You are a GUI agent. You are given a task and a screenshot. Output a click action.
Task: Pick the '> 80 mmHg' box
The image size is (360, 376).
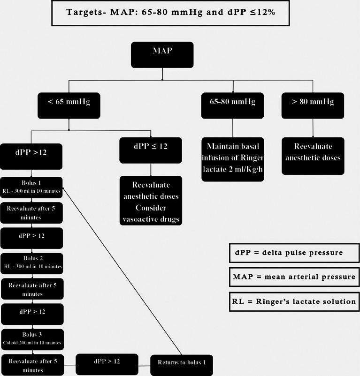(x=313, y=105)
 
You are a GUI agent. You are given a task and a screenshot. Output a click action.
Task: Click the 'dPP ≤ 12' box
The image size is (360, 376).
(x=150, y=149)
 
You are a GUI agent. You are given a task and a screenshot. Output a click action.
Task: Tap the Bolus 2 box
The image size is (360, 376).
(x=32, y=262)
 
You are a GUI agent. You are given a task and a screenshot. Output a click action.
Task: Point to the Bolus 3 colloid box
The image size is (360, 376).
(x=32, y=339)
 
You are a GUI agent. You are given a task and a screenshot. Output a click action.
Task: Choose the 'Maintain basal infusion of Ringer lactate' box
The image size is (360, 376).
(x=233, y=158)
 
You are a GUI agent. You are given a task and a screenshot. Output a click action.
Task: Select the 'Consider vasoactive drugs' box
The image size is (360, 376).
(x=150, y=200)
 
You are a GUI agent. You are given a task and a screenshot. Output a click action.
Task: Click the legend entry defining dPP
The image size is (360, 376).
(x=294, y=253)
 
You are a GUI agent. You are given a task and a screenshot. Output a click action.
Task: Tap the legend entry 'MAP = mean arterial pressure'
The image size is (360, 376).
(x=294, y=277)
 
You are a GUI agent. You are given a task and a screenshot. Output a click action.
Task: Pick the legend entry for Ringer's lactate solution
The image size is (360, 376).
(x=294, y=301)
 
